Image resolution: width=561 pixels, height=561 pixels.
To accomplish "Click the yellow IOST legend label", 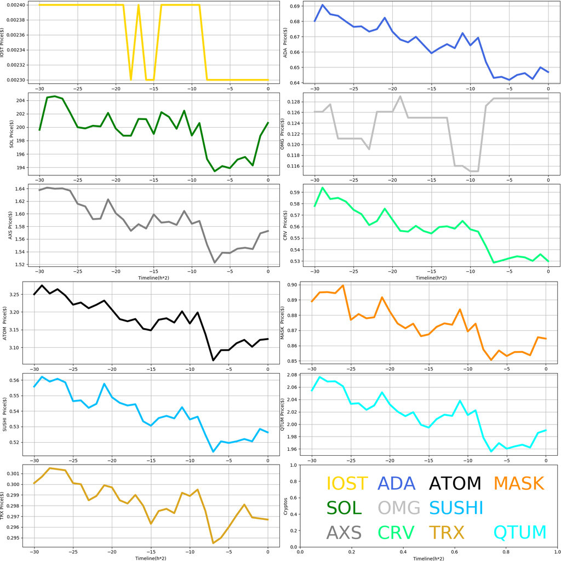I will [x=347, y=483].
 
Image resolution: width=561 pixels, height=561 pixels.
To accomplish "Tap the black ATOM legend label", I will [x=455, y=483].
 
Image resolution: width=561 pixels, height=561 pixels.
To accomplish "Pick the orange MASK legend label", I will [x=518, y=483].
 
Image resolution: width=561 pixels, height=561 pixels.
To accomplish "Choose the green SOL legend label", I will [x=344, y=508].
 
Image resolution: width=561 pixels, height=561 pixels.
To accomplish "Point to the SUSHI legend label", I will [x=456, y=508].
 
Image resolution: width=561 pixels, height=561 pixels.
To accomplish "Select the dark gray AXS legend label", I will [x=344, y=533].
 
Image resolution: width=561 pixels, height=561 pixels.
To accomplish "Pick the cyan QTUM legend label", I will [x=520, y=533].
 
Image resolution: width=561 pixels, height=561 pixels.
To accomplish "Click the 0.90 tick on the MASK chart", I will [x=290, y=285].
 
